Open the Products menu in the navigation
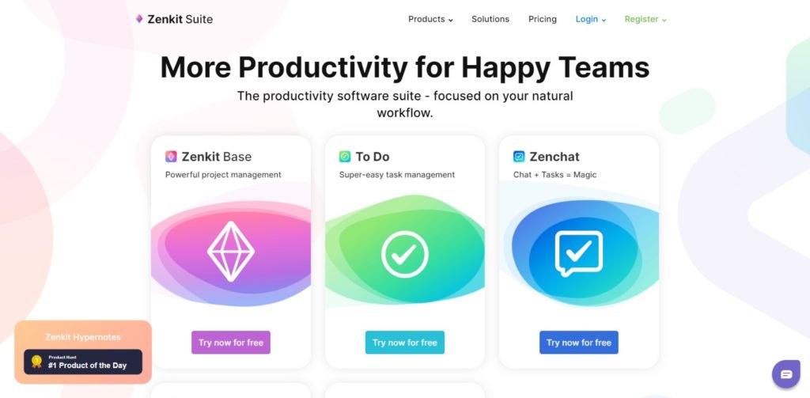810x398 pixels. click(430, 19)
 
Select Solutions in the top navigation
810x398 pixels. click(490, 19)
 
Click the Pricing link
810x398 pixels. click(543, 19)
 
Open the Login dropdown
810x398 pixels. click(591, 19)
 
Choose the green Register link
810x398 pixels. click(645, 19)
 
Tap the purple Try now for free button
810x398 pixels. click(231, 343)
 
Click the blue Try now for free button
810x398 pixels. click(579, 343)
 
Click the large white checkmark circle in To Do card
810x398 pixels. click(405, 254)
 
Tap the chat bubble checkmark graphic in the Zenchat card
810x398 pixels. click(579, 254)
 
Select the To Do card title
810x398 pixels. click(372, 157)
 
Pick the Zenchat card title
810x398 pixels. click(554, 157)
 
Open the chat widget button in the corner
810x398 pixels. click(785, 374)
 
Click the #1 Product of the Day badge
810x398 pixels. click(83, 362)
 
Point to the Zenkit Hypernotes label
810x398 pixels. click(83, 337)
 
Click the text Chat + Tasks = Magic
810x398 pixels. click(555, 175)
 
